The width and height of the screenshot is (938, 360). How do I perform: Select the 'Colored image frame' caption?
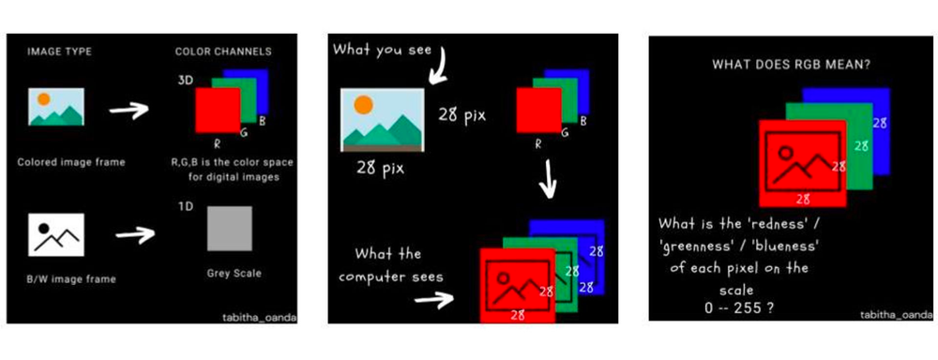70,161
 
